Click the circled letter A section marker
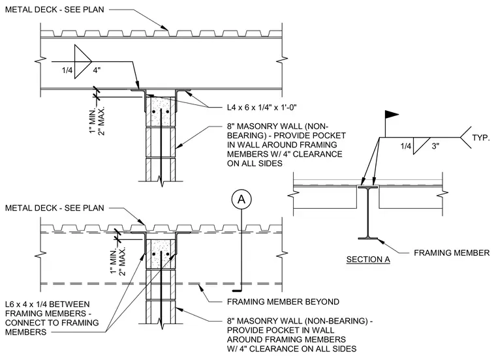coord(241,200)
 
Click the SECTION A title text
coord(368,260)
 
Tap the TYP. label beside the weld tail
coord(481,138)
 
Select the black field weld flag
coord(392,114)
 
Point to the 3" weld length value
coord(435,146)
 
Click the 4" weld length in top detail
coord(97,70)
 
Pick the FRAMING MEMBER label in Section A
coord(452,253)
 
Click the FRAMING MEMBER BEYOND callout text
coord(283,302)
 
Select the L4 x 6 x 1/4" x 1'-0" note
coord(262,108)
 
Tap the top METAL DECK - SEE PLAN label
coord(54,10)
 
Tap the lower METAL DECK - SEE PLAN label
coord(54,208)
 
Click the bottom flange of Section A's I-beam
coord(368,238)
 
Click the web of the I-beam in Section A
coord(368,213)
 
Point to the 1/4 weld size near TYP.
coord(406,146)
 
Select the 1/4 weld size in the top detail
coord(67,70)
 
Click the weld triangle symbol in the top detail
coord(83,61)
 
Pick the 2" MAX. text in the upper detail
coord(102,121)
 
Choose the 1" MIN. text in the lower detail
coord(114,262)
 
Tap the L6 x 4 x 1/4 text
coord(48,305)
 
